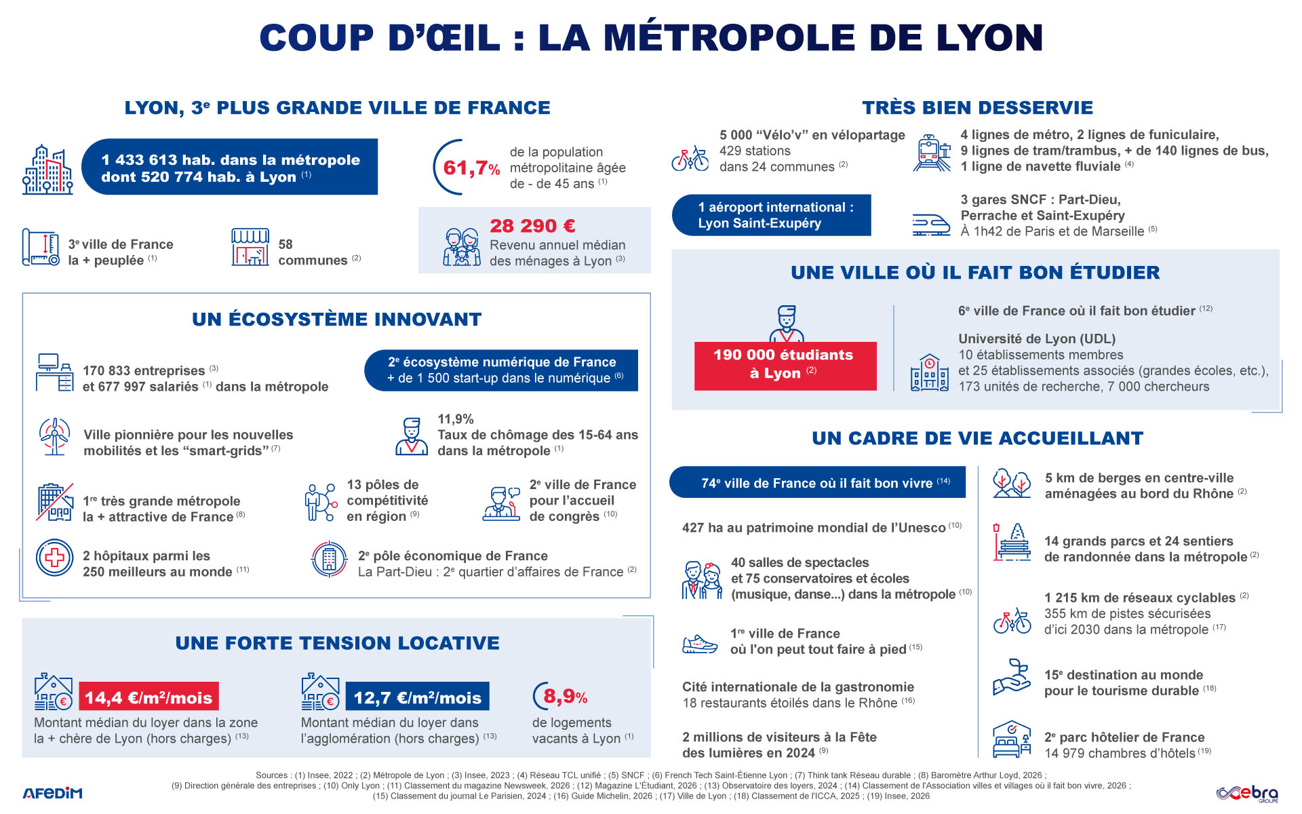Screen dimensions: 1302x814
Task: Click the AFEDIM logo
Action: pos(52,793)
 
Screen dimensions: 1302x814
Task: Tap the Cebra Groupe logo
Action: pos(1247,793)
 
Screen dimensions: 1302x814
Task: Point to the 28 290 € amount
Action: pos(532,226)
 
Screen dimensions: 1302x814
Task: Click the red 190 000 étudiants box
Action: pos(785,366)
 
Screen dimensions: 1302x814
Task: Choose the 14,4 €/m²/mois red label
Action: pos(149,697)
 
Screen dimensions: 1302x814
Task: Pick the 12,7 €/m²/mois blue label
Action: pos(417,697)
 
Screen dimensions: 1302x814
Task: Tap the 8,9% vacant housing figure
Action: pos(565,697)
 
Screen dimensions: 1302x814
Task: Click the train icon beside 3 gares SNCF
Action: pos(930,224)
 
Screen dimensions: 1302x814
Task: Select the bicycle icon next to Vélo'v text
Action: pos(690,159)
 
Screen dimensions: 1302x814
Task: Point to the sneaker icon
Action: pos(699,644)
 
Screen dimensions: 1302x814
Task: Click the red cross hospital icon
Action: pos(54,558)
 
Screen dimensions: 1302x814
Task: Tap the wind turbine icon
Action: pos(54,436)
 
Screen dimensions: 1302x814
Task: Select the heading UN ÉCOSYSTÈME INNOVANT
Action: pos(337,319)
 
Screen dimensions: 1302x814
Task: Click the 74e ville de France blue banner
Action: pos(817,482)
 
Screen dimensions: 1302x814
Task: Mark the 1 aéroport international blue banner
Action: pos(771,215)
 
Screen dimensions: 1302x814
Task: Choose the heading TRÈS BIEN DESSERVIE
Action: pos(978,108)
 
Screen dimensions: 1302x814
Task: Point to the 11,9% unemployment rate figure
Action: pos(456,419)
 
